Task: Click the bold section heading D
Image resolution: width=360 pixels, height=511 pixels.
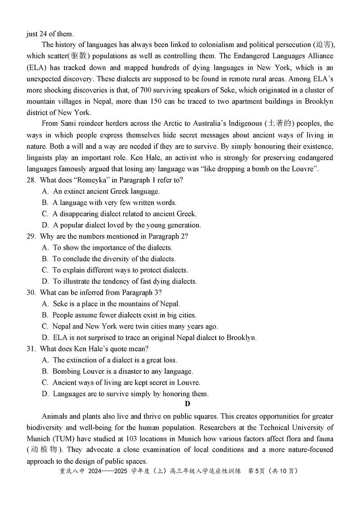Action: click(187, 404)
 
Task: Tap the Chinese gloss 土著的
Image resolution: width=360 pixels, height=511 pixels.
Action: click(279, 124)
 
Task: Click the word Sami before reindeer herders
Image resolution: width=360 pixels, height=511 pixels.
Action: click(68, 124)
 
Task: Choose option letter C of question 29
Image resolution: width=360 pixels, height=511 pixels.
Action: click(45, 270)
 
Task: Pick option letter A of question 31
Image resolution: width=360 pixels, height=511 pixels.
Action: click(45, 360)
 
